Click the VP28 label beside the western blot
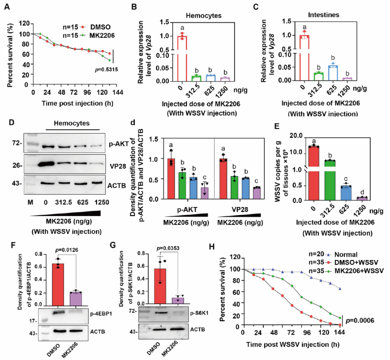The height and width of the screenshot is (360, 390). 115,164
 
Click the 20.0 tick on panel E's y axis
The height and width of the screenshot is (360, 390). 297,135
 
